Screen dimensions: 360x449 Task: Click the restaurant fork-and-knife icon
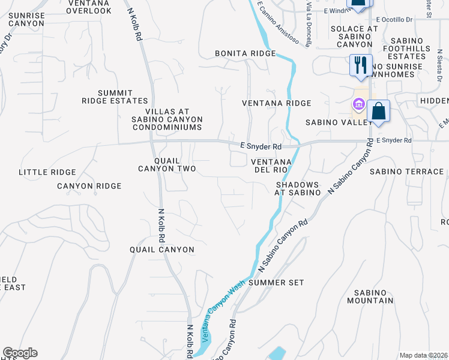361,65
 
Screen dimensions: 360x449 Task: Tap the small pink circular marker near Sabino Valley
359,105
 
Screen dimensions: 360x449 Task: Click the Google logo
20,353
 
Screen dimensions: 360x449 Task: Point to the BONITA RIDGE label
245,53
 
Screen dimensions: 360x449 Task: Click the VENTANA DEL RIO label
271,166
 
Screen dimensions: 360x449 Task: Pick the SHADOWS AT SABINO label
298,188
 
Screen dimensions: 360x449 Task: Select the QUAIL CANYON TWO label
167,165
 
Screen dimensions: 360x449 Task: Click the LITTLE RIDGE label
47,172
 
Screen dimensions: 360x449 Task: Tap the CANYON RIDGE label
89,186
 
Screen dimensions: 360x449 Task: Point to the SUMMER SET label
276,282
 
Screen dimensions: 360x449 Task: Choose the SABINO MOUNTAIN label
370,296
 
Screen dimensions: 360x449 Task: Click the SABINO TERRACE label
406,172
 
